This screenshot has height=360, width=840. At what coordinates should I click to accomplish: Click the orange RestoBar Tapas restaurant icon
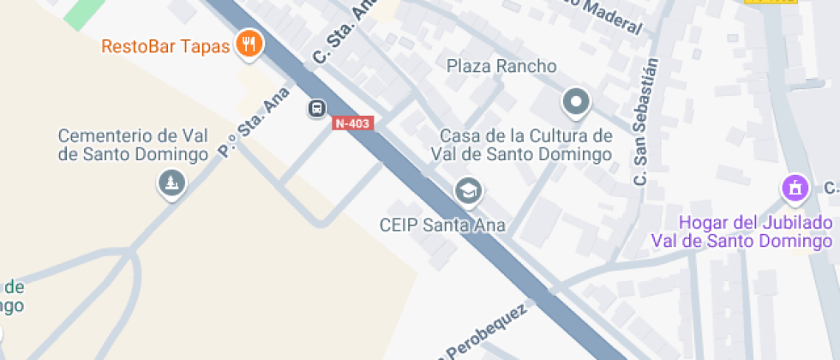pyautogui.click(x=249, y=44)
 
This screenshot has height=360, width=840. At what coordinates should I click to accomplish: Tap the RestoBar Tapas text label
pyautogui.click(x=165, y=45)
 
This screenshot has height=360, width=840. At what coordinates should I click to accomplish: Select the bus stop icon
pyautogui.click(x=317, y=109)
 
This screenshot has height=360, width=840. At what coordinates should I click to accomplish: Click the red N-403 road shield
pyautogui.click(x=352, y=123)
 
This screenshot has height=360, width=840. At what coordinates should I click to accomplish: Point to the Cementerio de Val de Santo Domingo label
pyautogui.click(x=134, y=145)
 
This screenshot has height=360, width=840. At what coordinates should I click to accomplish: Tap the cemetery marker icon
pyautogui.click(x=172, y=183)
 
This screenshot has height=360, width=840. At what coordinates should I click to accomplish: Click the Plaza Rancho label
pyautogui.click(x=501, y=66)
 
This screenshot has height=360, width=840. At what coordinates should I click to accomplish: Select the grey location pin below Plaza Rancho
pyautogui.click(x=576, y=104)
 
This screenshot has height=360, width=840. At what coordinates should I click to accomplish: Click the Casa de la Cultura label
pyautogui.click(x=525, y=145)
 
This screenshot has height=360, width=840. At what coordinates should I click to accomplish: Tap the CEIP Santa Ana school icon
pyautogui.click(x=468, y=191)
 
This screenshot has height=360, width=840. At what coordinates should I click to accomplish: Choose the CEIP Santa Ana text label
pyautogui.click(x=442, y=225)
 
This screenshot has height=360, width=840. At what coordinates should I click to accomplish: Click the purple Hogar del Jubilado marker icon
pyautogui.click(x=795, y=188)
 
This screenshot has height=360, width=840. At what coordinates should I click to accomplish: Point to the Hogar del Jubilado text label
pyautogui.click(x=741, y=231)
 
